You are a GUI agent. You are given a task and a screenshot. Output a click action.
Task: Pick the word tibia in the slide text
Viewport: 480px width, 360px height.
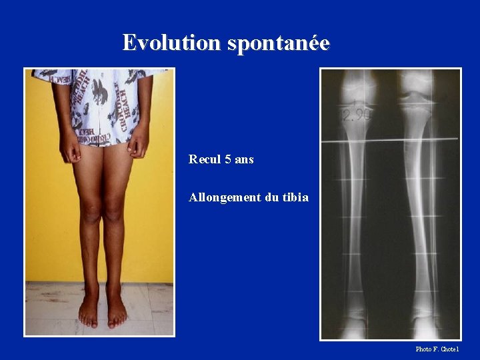tap(294, 198)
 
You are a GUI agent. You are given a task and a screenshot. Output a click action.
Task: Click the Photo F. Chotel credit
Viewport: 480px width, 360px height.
tap(437, 349)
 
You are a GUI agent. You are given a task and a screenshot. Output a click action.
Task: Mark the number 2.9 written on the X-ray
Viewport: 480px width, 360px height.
tap(353, 115)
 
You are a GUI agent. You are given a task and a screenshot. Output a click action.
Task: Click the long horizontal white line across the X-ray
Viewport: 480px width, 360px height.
tap(391, 141)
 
